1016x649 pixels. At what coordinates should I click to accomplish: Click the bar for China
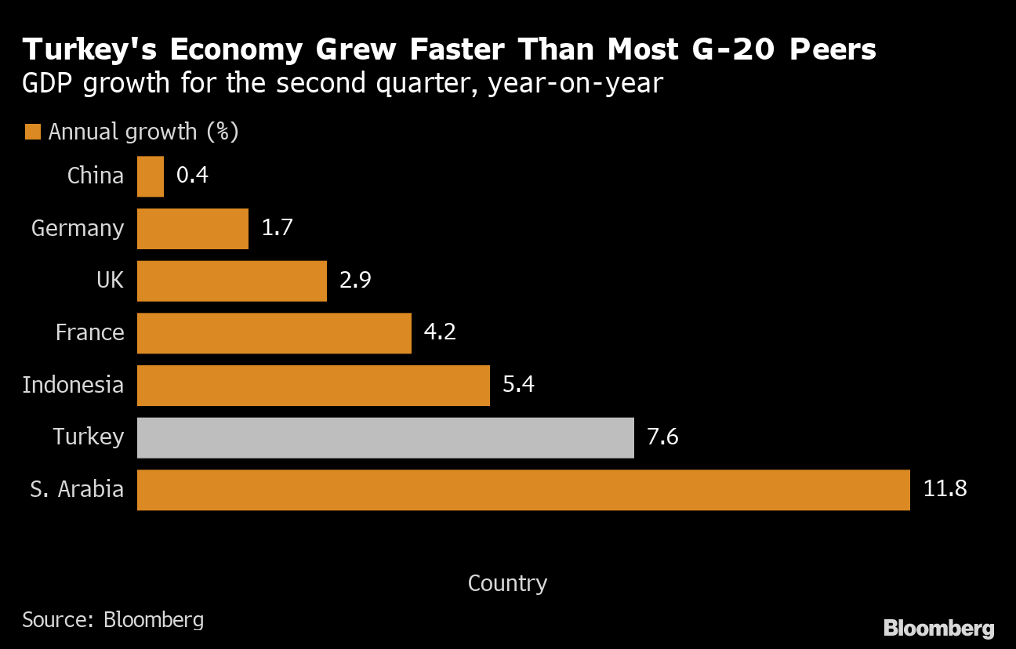point(151,176)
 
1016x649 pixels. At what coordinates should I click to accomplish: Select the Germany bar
point(193,229)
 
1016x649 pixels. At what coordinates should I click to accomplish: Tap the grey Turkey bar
point(385,437)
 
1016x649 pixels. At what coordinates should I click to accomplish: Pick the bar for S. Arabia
point(523,490)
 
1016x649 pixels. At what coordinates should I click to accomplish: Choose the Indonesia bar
point(313,385)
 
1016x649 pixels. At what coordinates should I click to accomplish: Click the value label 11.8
point(945,490)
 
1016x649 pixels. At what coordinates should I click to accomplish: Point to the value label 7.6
point(662,437)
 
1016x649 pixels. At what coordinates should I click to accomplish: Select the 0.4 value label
point(192,176)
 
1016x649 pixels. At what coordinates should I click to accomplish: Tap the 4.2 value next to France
point(440,333)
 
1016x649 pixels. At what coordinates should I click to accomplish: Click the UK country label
point(110,281)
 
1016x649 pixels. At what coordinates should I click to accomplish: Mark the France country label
point(89,333)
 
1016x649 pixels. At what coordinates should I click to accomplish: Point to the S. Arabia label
point(77,490)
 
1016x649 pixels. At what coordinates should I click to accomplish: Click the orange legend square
point(32,132)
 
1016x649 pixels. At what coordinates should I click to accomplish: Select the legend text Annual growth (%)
point(143,132)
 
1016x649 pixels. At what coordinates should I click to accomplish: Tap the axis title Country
point(507,583)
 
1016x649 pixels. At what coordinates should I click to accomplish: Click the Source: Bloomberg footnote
point(113,620)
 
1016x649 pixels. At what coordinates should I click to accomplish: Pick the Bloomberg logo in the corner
point(938,628)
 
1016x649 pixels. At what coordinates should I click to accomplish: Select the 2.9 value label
point(355,281)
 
